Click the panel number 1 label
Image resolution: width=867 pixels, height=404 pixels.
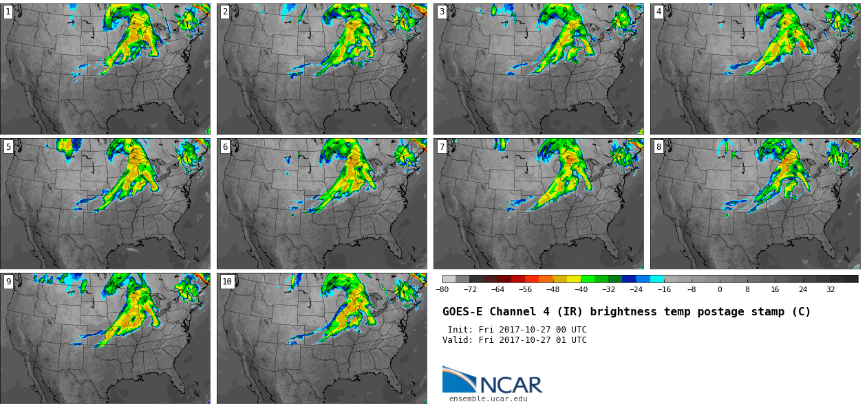click(x=8, y=12)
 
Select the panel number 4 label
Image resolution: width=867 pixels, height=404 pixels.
click(x=659, y=12)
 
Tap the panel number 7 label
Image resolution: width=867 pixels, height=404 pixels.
click(x=442, y=147)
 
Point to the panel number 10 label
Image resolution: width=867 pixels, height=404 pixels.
click(x=227, y=282)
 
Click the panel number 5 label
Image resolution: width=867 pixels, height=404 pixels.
click(x=8, y=147)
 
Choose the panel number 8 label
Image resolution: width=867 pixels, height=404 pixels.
click(x=659, y=147)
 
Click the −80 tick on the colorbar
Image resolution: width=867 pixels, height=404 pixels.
click(x=442, y=289)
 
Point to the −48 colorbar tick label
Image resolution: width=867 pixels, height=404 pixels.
click(x=553, y=289)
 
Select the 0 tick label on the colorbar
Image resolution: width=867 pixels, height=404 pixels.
click(x=720, y=289)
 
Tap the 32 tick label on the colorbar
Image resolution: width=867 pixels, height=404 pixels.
click(x=831, y=289)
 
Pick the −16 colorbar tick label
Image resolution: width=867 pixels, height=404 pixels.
click(x=664, y=289)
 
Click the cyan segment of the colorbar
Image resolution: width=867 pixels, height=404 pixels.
click(x=657, y=279)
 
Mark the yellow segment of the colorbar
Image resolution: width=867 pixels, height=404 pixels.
click(x=574, y=279)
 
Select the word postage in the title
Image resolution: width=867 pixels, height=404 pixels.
click(x=698, y=312)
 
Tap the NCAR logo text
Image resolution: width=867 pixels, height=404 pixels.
click(x=511, y=385)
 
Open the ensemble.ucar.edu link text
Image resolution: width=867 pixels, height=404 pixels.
click(x=489, y=399)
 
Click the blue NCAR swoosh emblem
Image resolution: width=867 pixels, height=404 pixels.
click(x=458, y=379)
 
